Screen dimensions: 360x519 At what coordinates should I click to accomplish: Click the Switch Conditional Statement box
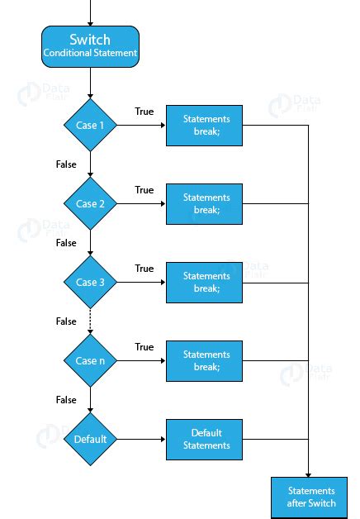(x=90, y=46)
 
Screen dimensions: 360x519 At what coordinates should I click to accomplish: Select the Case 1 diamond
(x=90, y=125)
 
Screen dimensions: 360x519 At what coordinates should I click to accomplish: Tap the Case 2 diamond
(x=90, y=203)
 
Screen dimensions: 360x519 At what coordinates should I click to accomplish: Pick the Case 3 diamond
(x=90, y=282)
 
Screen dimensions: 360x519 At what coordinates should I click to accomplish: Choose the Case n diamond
(x=90, y=360)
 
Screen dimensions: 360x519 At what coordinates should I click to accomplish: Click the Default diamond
(x=90, y=439)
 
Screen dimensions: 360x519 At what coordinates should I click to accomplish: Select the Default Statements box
(x=204, y=440)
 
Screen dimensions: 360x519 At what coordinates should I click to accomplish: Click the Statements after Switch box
(x=309, y=498)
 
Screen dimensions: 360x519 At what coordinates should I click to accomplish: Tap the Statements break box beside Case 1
(x=204, y=126)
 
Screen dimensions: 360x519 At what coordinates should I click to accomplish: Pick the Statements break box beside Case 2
(x=204, y=204)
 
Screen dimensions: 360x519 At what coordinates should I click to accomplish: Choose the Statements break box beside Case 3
(x=204, y=283)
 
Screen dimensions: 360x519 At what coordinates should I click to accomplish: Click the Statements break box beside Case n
(x=204, y=361)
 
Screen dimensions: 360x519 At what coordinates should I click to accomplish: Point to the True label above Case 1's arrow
(x=144, y=112)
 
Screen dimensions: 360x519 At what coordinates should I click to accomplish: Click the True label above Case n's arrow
(x=144, y=346)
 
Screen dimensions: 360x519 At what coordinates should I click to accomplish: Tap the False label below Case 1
(x=66, y=164)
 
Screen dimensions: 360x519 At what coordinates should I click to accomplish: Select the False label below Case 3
(x=66, y=321)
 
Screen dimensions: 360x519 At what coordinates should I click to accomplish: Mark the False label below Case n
(x=66, y=399)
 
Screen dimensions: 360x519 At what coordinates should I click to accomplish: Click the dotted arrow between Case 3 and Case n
(x=90, y=321)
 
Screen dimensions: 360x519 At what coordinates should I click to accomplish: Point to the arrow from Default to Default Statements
(x=141, y=439)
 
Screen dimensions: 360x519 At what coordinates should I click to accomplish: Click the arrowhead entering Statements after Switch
(x=309, y=475)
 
